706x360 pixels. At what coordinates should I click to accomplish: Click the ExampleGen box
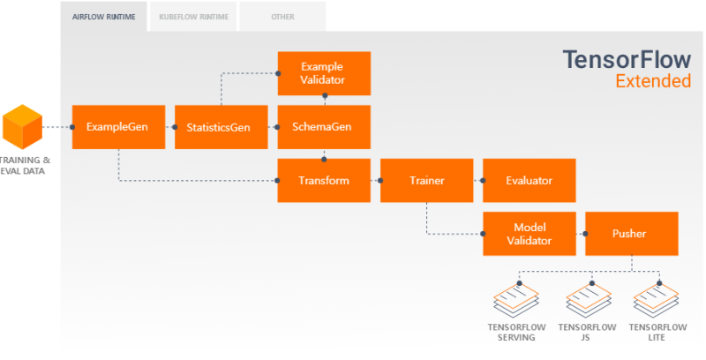coord(118,127)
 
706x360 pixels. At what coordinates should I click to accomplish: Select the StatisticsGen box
coord(219,127)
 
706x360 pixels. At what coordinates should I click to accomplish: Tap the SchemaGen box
coord(323,127)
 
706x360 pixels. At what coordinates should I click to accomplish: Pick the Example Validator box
coord(323,73)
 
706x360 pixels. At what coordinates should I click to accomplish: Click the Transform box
coord(323,181)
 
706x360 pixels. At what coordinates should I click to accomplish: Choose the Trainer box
coord(426,181)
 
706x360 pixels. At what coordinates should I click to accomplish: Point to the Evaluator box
coord(529,181)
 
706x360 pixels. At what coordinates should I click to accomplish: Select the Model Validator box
coord(529,234)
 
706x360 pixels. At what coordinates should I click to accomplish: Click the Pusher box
coord(629,234)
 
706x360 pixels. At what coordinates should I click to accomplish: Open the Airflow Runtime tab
coord(103,17)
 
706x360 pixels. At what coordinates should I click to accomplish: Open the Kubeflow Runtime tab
coord(192,17)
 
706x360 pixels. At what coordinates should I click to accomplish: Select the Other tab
coord(282,17)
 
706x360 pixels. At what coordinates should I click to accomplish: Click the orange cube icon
coord(22,126)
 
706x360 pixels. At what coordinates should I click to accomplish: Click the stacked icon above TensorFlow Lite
coord(658,301)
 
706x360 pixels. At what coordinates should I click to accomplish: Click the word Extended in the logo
coord(652,82)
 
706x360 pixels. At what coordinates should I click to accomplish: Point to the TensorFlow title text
coord(627,59)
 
